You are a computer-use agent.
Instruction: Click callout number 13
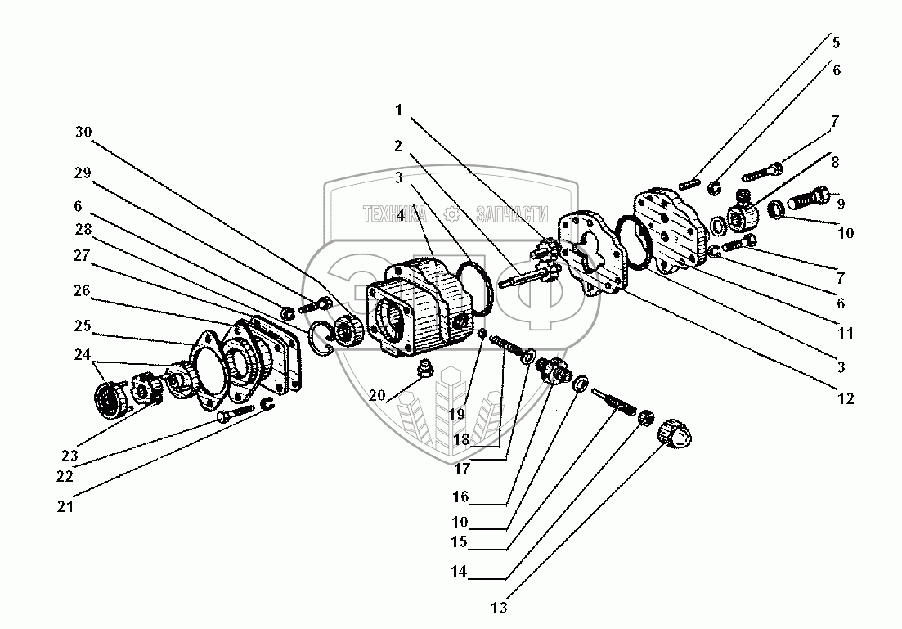(500, 608)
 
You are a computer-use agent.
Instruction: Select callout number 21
(66, 506)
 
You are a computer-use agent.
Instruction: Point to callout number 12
(845, 398)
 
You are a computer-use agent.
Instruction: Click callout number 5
(836, 43)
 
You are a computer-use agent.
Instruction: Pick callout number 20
(377, 395)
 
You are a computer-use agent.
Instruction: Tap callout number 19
(455, 414)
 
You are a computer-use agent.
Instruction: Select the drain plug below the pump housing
(424, 371)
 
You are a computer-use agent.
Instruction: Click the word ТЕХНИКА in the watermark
(395, 215)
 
